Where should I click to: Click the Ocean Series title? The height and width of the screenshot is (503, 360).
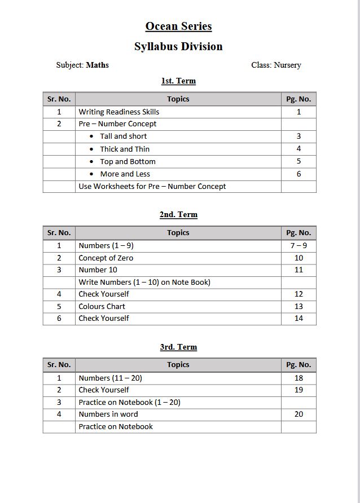[178, 27]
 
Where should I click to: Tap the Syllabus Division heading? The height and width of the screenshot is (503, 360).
[178, 47]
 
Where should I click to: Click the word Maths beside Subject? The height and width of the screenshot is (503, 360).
[97, 65]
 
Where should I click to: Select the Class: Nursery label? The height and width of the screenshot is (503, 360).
[276, 65]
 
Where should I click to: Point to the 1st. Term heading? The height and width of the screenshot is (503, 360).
[178, 81]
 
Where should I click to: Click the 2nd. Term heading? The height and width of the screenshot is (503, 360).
[178, 214]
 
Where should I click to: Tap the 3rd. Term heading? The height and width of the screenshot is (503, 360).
[178, 347]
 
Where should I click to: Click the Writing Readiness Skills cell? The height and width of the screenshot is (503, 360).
[119, 112]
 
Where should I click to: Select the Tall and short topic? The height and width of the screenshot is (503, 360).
[123, 136]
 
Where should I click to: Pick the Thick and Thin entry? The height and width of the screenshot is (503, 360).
[125, 149]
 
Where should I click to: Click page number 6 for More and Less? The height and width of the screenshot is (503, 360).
[298, 174]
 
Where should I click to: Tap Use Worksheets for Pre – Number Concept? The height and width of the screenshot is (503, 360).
[152, 186]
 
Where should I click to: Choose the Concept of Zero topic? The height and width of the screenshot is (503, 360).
[106, 258]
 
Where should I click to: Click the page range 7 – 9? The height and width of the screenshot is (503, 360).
[298, 245]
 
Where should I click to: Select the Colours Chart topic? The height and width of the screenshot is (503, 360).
[102, 306]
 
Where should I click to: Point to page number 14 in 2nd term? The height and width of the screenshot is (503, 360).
[298, 318]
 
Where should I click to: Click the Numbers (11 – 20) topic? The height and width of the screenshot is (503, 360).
[110, 378]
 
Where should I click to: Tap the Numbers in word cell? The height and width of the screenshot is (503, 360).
[108, 414]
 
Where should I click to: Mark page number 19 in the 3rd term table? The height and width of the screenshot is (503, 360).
[298, 390]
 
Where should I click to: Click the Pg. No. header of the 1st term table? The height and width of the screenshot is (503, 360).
[298, 99]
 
